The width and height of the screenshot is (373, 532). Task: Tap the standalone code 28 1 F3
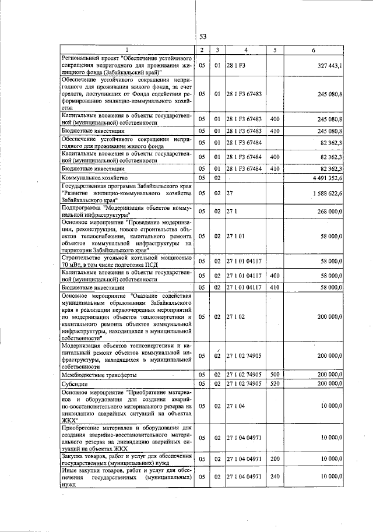[236, 66]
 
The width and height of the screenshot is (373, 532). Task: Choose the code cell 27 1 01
[236, 236]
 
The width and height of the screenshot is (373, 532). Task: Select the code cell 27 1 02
[236, 316]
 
